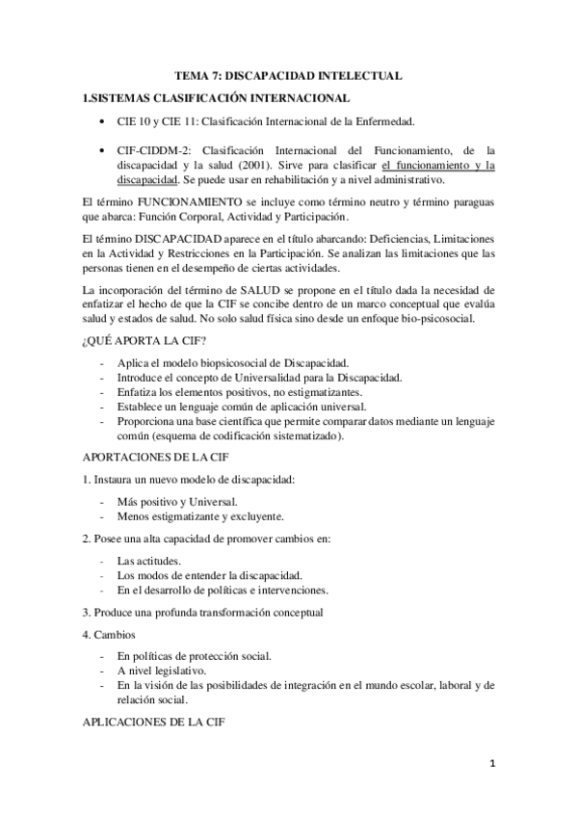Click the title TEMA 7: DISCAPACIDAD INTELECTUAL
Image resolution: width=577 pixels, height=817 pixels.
point(288,75)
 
